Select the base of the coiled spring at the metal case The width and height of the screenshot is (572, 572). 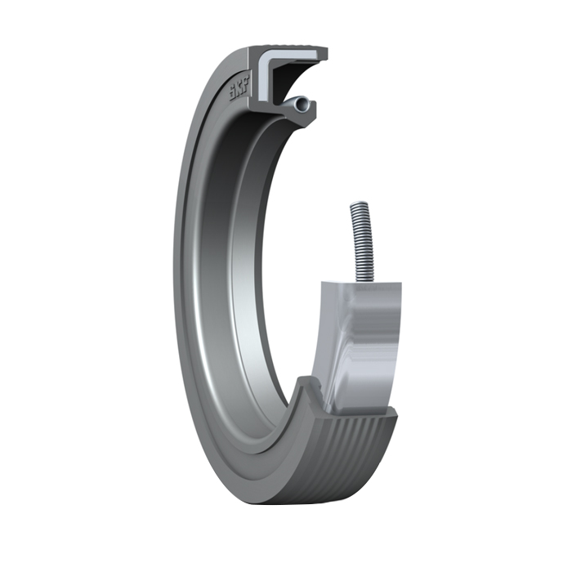tap(360, 278)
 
